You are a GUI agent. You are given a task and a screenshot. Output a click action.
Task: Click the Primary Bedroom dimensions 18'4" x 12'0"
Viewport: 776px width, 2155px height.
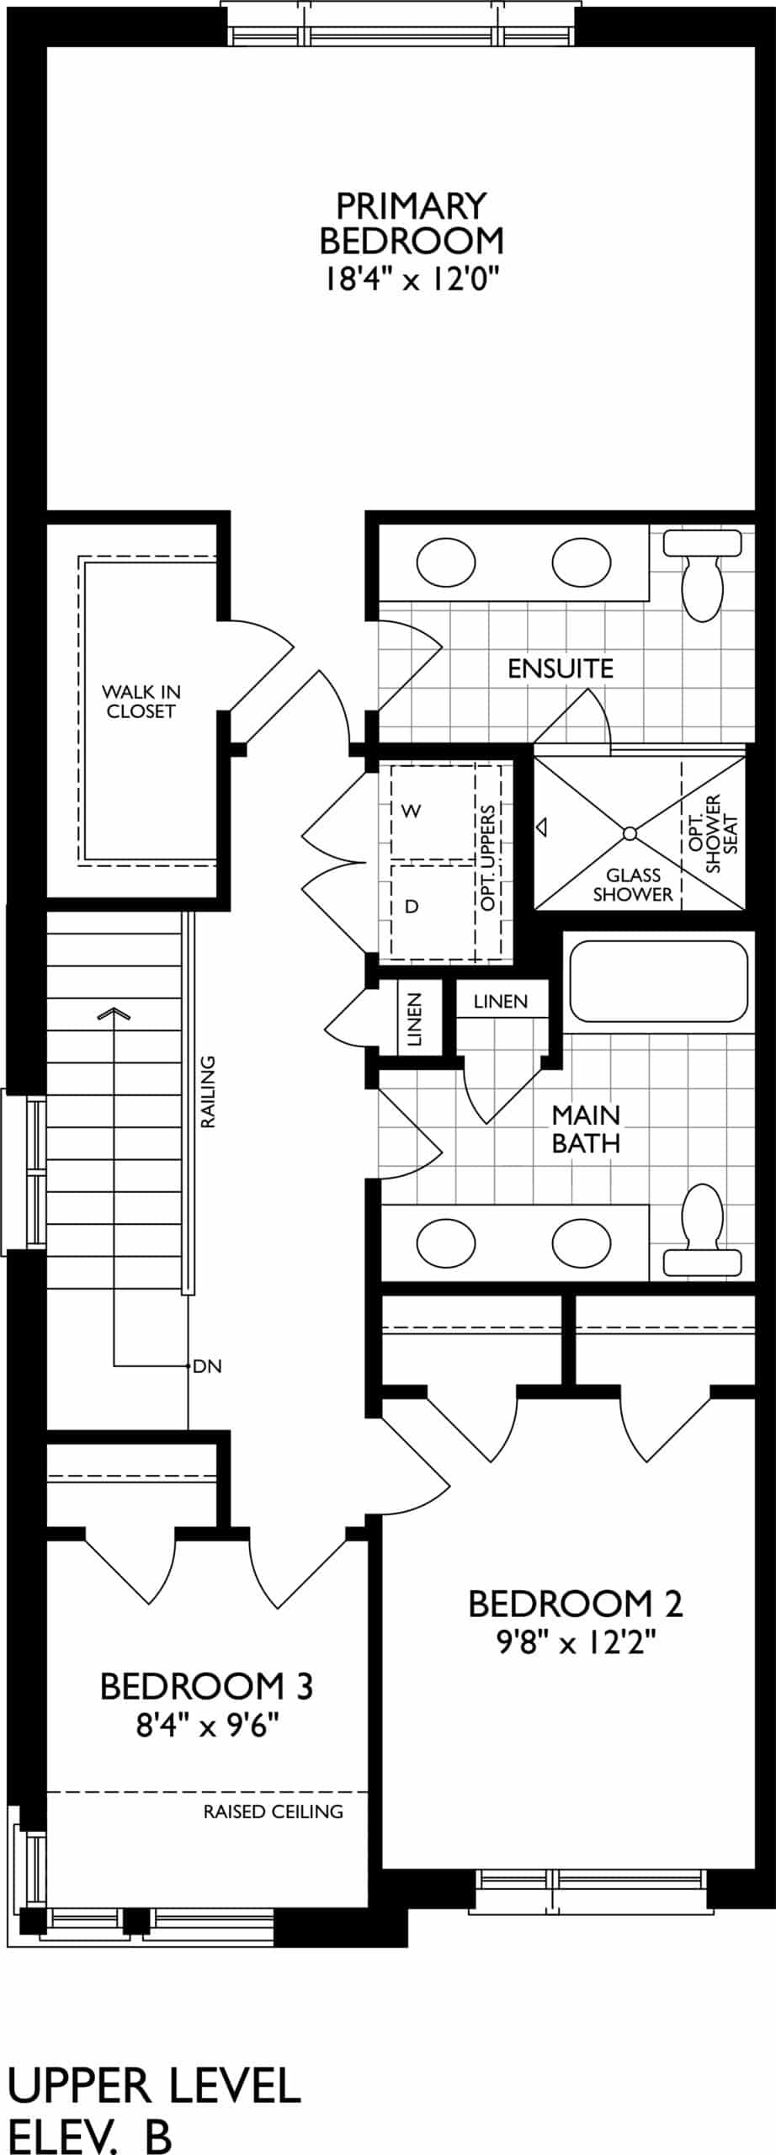tap(412, 279)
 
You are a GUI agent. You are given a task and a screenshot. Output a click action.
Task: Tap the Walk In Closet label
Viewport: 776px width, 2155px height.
tap(141, 701)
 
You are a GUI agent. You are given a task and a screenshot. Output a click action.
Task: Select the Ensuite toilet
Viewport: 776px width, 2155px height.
tap(703, 573)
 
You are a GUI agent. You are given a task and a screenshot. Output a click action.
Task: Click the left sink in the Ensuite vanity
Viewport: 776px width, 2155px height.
tap(446, 562)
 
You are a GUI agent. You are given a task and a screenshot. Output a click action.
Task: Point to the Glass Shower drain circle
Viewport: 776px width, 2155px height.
tap(630, 833)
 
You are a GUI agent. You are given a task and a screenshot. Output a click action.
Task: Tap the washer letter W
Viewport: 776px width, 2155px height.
tap(412, 811)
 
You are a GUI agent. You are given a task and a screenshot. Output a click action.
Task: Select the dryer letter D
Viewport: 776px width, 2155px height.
tap(412, 906)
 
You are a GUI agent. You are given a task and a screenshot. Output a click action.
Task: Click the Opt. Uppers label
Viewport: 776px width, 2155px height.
tap(489, 857)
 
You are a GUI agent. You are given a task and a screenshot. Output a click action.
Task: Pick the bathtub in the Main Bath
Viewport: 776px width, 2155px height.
tap(659, 981)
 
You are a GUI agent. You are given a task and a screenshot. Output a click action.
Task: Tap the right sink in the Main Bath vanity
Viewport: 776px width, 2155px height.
tap(582, 1242)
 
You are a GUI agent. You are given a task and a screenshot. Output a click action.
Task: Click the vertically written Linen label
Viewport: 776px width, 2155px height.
tap(414, 1019)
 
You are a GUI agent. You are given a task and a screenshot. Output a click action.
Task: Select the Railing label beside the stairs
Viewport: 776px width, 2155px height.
tap(208, 1092)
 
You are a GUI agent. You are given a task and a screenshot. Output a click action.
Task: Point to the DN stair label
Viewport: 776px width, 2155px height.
tap(207, 1365)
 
